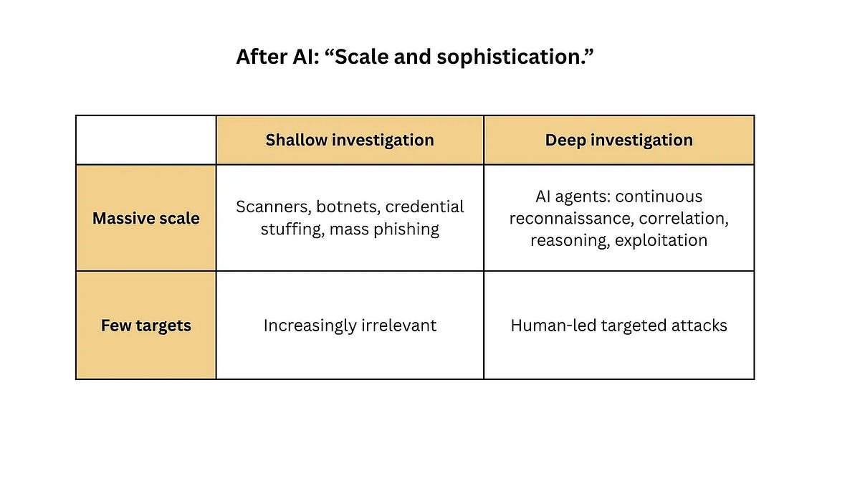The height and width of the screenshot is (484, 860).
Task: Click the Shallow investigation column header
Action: (x=350, y=141)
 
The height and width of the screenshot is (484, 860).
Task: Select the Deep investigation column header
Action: (x=619, y=141)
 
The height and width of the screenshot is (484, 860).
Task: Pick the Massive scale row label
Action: (x=146, y=218)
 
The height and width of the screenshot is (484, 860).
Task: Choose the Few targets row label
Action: (x=146, y=326)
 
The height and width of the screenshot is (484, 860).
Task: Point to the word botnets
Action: (x=348, y=207)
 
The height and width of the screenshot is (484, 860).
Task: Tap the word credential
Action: (x=424, y=207)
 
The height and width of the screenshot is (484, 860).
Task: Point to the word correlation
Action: (x=684, y=219)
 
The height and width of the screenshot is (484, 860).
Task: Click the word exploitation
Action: (x=661, y=240)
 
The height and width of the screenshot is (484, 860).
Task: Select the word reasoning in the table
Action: (x=570, y=241)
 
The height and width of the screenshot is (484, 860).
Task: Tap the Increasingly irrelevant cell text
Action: (x=350, y=326)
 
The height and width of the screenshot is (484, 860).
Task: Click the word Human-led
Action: (x=553, y=326)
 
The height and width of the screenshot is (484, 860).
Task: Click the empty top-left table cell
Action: (x=146, y=141)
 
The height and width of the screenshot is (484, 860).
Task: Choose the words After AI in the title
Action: (x=278, y=57)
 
